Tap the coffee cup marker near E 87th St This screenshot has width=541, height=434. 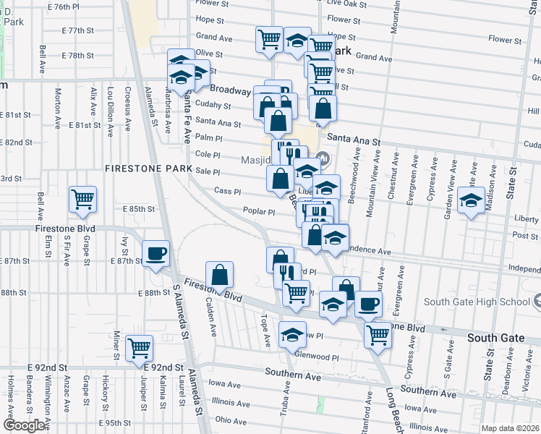[156, 254]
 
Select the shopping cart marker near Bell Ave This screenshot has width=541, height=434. [82, 198]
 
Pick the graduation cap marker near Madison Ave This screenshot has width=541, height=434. [472, 200]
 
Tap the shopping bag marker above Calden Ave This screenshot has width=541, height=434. [220, 275]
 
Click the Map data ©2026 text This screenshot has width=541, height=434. [511, 428]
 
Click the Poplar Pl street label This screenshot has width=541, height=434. [259, 212]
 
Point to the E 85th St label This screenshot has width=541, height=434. [139, 209]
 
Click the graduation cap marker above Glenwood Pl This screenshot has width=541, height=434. [292, 334]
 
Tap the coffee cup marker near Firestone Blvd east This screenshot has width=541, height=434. [368, 304]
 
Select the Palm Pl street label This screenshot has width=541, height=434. [208, 137]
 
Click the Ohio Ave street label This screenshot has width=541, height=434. [231, 420]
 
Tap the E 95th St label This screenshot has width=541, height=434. [114, 422]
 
